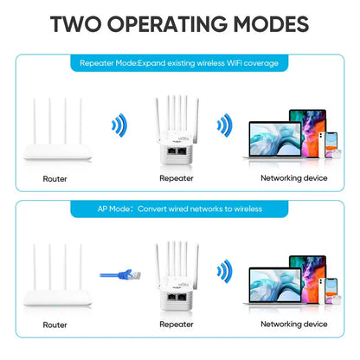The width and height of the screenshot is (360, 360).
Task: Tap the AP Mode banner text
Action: click(x=180, y=209)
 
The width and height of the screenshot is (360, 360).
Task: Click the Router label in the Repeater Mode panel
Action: click(x=55, y=179)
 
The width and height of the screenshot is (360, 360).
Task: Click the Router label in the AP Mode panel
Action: click(x=55, y=324)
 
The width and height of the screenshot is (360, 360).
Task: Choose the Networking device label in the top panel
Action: click(x=293, y=179)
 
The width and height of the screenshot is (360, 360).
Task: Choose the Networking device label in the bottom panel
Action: click(x=293, y=324)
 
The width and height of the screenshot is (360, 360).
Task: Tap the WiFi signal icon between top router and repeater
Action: click(x=119, y=126)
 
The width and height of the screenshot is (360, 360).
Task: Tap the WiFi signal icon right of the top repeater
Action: click(x=223, y=126)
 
